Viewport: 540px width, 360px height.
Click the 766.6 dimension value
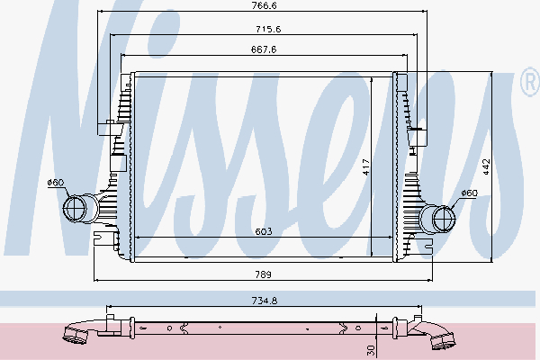tap(262, 6)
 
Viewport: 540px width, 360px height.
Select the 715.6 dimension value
tap(262, 29)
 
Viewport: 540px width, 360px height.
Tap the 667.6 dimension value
tap(262, 50)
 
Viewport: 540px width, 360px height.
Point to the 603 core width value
tap(263, 231)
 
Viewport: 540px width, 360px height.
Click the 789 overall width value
tap(263, 274)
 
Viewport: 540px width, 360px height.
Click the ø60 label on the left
tap(56, 184)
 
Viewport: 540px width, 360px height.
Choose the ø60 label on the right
tap(468, 193)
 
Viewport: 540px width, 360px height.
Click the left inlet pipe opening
tap(75, 210)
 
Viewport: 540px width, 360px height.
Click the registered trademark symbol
tap(529, 85)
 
